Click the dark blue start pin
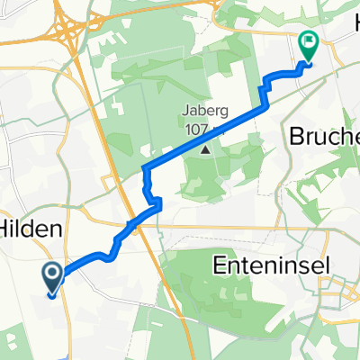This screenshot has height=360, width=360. [53, 278]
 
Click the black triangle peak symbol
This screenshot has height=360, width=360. [205, 150]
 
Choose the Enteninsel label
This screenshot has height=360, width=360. [271, 265]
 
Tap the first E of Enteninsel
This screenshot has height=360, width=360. [218, 265]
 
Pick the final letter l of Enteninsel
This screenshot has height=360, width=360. [322, 265]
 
